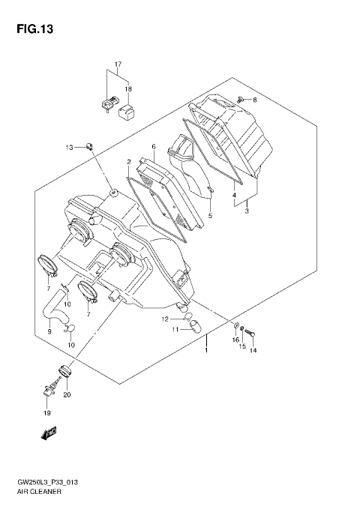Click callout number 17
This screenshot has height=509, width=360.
point(118,64)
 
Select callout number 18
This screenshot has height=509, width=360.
point(128,88)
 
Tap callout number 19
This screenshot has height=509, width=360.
point(46,413)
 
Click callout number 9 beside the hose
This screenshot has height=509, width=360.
point(49,331)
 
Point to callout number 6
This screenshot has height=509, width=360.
point(152,146)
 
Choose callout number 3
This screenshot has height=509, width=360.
point(245,211)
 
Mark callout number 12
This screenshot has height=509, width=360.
point(164,319)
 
